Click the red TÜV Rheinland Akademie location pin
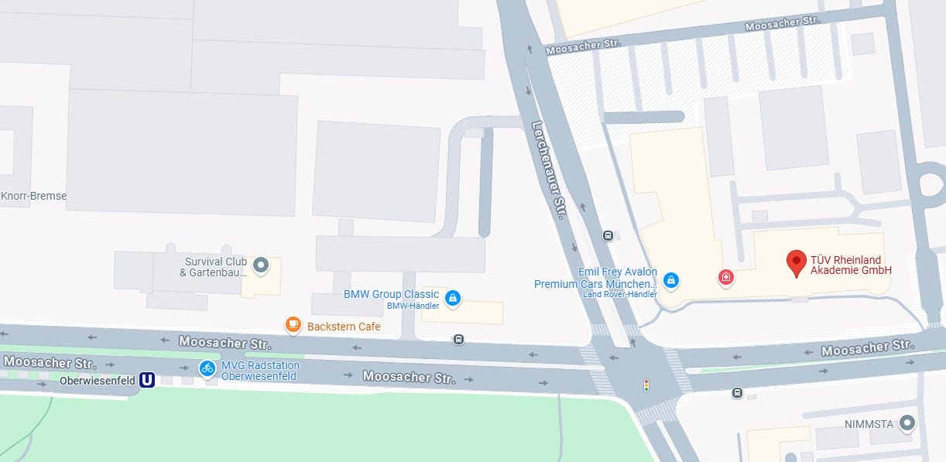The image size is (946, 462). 796,263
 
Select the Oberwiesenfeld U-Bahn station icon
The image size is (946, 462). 146,380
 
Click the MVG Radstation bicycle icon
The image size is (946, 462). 207,368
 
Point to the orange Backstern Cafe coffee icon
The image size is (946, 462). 293,325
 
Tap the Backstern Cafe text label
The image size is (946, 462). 344,327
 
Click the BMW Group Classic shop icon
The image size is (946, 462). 452,297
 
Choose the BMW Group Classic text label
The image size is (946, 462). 391,294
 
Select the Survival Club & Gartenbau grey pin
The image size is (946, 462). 261,266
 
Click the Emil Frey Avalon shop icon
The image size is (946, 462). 671,279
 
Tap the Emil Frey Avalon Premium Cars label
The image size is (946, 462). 595,278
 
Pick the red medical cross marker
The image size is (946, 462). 725,277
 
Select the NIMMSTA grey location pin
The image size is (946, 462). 907,423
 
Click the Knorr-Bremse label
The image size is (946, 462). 34,196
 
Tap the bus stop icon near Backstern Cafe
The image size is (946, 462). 458,339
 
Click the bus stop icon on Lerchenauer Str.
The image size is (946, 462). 608,235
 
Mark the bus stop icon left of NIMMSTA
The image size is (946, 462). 737,393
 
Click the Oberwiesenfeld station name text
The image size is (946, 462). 98,381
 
